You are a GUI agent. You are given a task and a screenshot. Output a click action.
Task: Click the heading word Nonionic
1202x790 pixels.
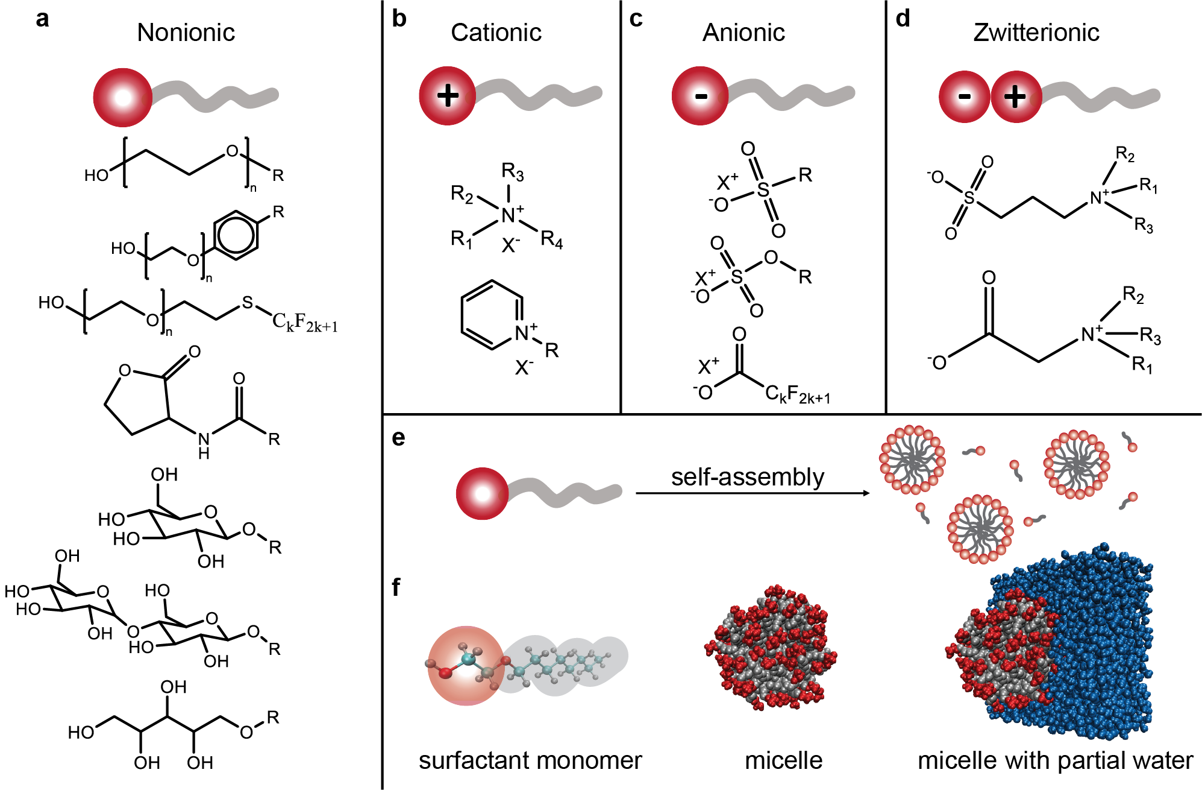[x=186, y=33]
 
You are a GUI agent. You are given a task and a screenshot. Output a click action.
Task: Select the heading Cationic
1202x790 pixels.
[x=496, y=33]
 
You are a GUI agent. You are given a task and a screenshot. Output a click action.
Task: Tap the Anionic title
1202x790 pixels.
[x=743, y=33]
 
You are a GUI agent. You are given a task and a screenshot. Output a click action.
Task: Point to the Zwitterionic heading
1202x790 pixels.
[x=1036, y=33]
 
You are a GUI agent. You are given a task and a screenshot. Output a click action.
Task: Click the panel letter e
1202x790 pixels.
[x=398, y=438]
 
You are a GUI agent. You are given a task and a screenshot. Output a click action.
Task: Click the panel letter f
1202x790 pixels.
[x=396, y=587]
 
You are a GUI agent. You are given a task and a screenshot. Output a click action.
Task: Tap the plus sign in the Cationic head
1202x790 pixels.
[x=448, y=96]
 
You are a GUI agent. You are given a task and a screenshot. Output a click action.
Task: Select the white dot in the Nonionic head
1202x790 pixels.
[x=123, y=98]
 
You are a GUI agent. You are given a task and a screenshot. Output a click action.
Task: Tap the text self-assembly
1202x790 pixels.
[x=747, y=477]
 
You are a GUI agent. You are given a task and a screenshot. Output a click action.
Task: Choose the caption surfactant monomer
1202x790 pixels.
[x=530, y=760]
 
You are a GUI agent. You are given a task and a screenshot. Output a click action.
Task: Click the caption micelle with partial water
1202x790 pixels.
[x=1054, y=760]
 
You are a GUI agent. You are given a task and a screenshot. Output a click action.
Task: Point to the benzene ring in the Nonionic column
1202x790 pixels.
[x=236, y=235]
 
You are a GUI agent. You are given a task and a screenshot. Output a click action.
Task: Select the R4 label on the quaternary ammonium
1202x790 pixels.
[x=551, y=240]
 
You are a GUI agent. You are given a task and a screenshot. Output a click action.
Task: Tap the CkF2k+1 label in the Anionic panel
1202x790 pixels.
[x=797, y=395]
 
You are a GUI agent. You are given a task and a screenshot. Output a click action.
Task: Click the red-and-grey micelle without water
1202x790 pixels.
[x=771, y=648]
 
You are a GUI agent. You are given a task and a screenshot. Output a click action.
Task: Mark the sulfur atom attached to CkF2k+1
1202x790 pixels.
[x=248, y=303]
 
